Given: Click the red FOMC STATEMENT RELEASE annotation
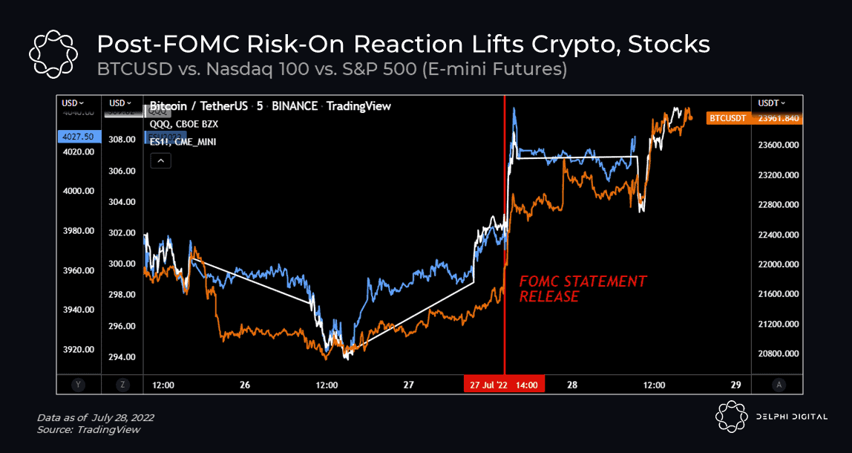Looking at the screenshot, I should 582,289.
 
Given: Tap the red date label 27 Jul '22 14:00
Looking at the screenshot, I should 505,385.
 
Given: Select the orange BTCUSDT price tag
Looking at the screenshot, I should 727,118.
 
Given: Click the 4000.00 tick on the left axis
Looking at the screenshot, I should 79,191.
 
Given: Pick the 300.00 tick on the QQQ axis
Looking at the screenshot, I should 121,264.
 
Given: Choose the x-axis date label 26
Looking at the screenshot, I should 245,385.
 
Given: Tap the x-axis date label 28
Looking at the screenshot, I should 572,385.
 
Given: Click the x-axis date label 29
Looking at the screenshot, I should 735,385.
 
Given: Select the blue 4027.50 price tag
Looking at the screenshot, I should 78,137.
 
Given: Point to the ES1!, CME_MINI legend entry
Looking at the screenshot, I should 183,142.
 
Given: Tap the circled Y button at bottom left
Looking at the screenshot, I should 77,385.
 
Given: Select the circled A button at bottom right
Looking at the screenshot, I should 778,385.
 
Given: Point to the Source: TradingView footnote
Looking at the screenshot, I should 88,430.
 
